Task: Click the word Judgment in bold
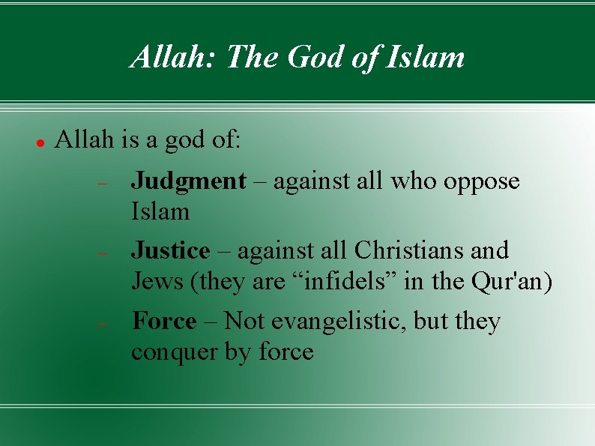(x=188, y=181)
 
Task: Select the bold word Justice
(x=170, y=250)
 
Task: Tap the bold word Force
(x=164, y=322)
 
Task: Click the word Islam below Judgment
(x=160, y=212)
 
